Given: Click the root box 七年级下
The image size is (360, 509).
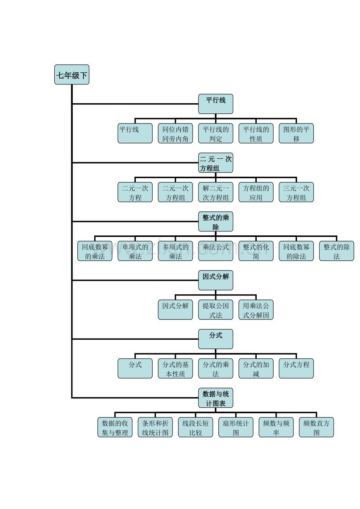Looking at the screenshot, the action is pyautogui.click(x=72, y=75).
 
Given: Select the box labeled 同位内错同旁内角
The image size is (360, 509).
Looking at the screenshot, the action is pyautogui.click(x=175, y=133).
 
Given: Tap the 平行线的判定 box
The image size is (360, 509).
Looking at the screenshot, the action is pyautogui.click(x=216, y=133).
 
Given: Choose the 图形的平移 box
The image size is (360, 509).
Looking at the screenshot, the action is pyautogui.click(x=296, y=133).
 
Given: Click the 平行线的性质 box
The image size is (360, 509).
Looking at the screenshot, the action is pyautogui.click(x=256, y=133).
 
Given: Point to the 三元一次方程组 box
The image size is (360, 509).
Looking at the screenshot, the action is pyautogui.click(x=296, y=192).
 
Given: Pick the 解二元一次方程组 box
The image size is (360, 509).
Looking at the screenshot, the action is pyautogui.click(x=216, y=192).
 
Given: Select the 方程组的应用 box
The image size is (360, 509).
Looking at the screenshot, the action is pyautogui.click(x=256, y=192).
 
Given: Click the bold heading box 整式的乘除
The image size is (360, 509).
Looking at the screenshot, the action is pyautogui.click(x=216, y=222).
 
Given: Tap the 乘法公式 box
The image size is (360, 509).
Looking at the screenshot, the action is pyautogui.click(x=216, y=251).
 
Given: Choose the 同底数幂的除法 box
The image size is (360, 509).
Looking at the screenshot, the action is pyautogui.click(x=296, y=251).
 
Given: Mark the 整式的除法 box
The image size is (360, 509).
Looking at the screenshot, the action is pyautogui.click(x=337, y=251).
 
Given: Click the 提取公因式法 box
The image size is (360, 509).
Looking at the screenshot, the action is pyautogui.click(x=216, y=310).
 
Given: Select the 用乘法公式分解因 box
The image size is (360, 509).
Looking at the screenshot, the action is pyautogui.click(x=256, y=310).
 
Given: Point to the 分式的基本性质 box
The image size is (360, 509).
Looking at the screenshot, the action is pyautogui.click(x=175, y=368).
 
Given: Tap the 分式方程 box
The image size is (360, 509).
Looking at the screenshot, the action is pyautogui.click(x=296, y=368).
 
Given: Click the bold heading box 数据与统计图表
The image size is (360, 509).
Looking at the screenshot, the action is pyautogui.click(x=216, y=398).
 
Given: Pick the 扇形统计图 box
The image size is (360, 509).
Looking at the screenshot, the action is pyautogui.click(x=236, y=427).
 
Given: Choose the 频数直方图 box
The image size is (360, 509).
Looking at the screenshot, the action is pyautogui.click(x=316, y=427).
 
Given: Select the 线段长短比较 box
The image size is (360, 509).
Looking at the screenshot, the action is pyautogui.click(x=195, y=427).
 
